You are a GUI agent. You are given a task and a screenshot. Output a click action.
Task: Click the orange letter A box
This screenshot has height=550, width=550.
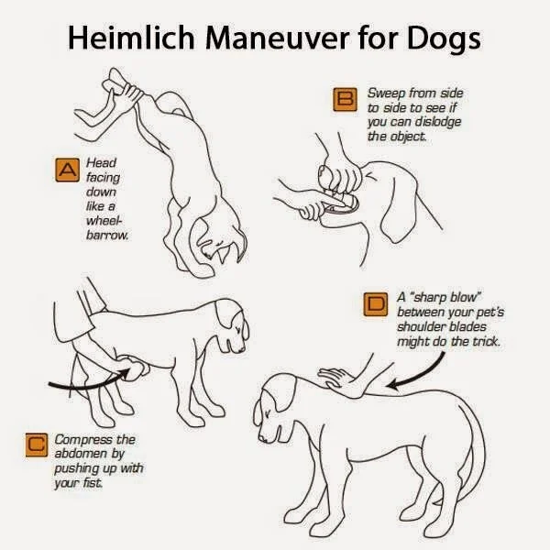click(x=65, y=170)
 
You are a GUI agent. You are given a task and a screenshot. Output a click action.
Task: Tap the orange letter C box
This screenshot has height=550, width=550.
click(x=36, y=446)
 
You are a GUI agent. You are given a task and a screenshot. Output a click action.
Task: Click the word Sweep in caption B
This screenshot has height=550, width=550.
click(x=386, y=93)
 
